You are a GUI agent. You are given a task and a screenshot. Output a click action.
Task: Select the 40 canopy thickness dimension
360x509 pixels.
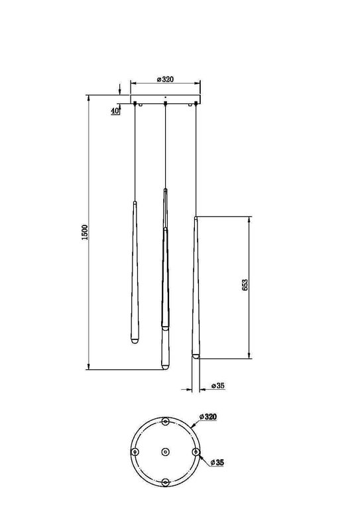click(115, 111)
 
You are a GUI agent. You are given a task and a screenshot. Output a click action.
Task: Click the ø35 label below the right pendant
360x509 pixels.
click(217, 385)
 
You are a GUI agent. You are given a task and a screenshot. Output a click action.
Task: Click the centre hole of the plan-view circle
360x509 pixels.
click(164, 451)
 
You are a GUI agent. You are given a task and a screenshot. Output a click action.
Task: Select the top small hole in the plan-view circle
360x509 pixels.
click(164, 420)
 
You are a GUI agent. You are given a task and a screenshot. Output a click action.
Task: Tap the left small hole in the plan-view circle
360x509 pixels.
click(135, 451)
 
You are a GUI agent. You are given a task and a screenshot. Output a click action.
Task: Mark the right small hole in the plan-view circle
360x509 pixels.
click(195, 451)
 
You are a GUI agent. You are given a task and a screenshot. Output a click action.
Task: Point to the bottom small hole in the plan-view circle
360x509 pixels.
click(164, 481)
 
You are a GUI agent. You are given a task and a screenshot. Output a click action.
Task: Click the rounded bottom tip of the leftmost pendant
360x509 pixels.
click(134, 340)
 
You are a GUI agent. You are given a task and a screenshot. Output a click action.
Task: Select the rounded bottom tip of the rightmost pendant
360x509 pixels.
click(196, 356)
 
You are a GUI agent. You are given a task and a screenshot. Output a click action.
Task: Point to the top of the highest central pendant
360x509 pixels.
click(164, 190)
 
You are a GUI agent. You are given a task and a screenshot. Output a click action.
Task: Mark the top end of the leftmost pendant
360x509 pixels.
click(134, 202)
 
